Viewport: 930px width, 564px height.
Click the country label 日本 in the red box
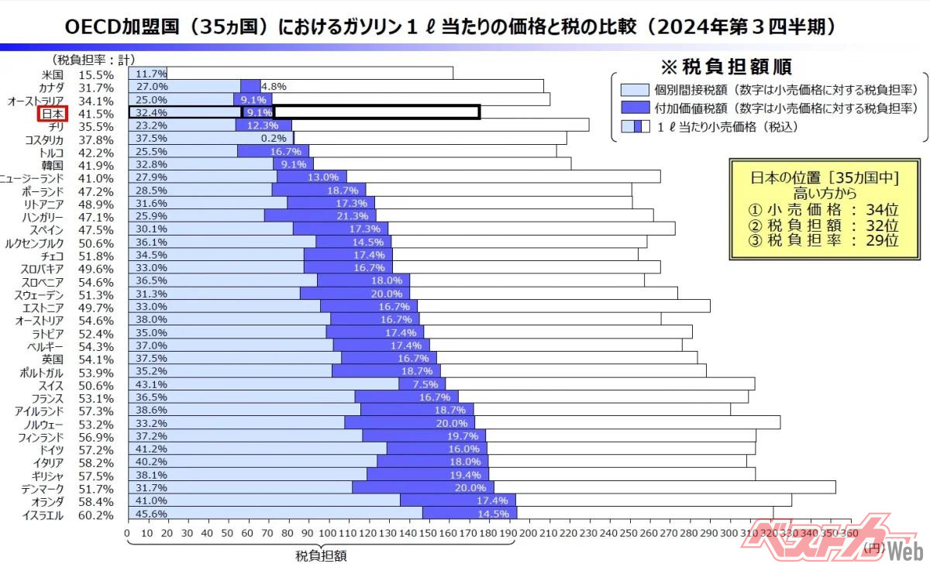[x=53, y=113]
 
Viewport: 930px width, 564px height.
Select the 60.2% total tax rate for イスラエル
[x=96, y=515]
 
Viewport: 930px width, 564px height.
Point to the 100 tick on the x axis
[x=328, y=533]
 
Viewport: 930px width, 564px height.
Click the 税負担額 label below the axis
[x=321, y=555]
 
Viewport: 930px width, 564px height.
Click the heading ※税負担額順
[x=725, y=66]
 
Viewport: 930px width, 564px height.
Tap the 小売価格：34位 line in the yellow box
[x=824, y=208]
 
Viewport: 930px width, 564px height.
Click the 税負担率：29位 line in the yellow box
[x=824, y=240]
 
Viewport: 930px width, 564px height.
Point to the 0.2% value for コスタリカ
[x=274, y=139]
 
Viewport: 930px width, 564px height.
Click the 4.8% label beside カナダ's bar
[x=274, y=87]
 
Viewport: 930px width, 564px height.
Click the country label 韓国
[x=53, y=165]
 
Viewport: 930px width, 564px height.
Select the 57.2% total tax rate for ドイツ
[x=96, y=449]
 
